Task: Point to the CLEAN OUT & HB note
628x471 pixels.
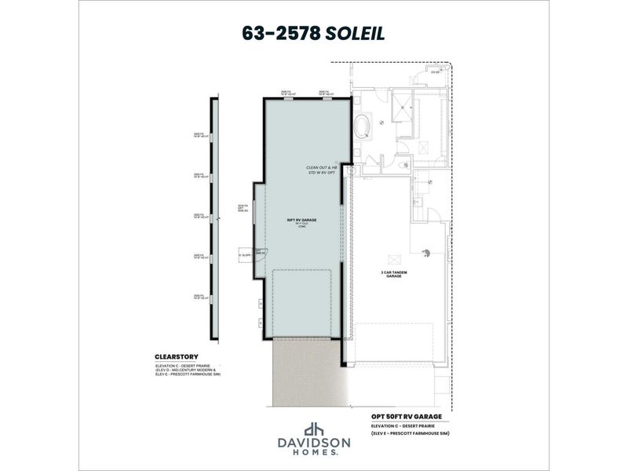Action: pos(321,167)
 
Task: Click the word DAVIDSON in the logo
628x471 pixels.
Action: pos(313,444)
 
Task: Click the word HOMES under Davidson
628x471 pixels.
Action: pos(313,454)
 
